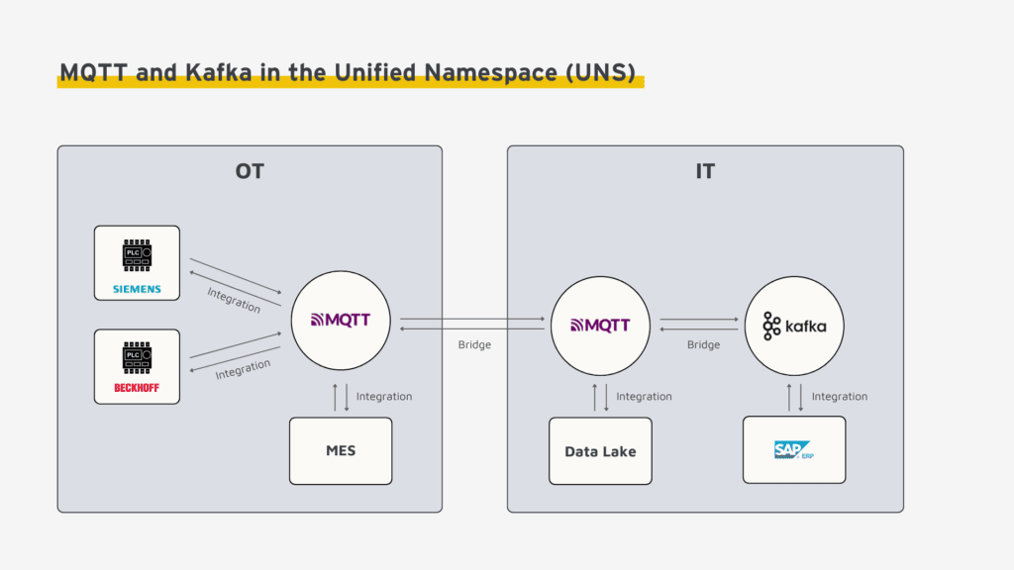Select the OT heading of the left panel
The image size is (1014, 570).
pos(250,171)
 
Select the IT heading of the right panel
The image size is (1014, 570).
pos(705,171)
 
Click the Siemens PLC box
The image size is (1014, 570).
pos(137,262)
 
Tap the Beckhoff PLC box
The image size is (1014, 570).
pos(137,366)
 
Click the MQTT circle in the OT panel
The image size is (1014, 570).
pos(340,322)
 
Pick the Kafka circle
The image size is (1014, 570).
pos(794,326)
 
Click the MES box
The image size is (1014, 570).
pos(341,451)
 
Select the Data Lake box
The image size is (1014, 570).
pos(600,451)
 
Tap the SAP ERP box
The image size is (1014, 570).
pos(794,449)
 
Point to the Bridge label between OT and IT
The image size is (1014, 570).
pos(474,345)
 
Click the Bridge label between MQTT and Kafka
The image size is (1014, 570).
pos(703,345)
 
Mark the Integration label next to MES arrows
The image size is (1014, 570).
pos(384,397)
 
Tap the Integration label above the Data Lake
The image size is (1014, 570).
pos(644,397)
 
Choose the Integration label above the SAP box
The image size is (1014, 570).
pos(839,397)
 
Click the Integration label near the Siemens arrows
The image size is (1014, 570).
pos(234,300)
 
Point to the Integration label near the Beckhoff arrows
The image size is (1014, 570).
pos(243,369)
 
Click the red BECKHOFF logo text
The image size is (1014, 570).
pos(137,388)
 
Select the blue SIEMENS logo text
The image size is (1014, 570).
pos(137,290)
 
